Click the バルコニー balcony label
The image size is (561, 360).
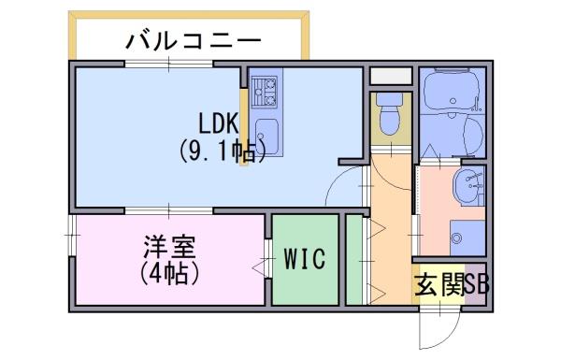(x=194, y=41)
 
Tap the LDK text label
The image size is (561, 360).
(x=219, y=122)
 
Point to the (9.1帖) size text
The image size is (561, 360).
(x=222, y=151)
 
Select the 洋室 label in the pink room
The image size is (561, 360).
(x=169, y=247)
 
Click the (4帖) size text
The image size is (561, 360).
(x=169, y=274)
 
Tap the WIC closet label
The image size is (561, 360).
(x=305, y=258)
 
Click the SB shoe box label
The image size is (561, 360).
(x=477, y=284)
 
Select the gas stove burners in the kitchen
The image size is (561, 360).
(x=264, y=92)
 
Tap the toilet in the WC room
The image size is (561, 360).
(x=390, y=114)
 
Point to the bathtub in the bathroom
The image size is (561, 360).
(x=451, y=91)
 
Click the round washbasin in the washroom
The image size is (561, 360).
(x=468, y=186)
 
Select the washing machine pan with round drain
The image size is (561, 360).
(x=467, y=238)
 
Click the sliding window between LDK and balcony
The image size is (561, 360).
(x=168, y=65)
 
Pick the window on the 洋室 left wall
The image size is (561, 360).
(x=72, y=235)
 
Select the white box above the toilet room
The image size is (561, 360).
(x=391, y=76)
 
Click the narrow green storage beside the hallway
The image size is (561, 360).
(x=354, y=260)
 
